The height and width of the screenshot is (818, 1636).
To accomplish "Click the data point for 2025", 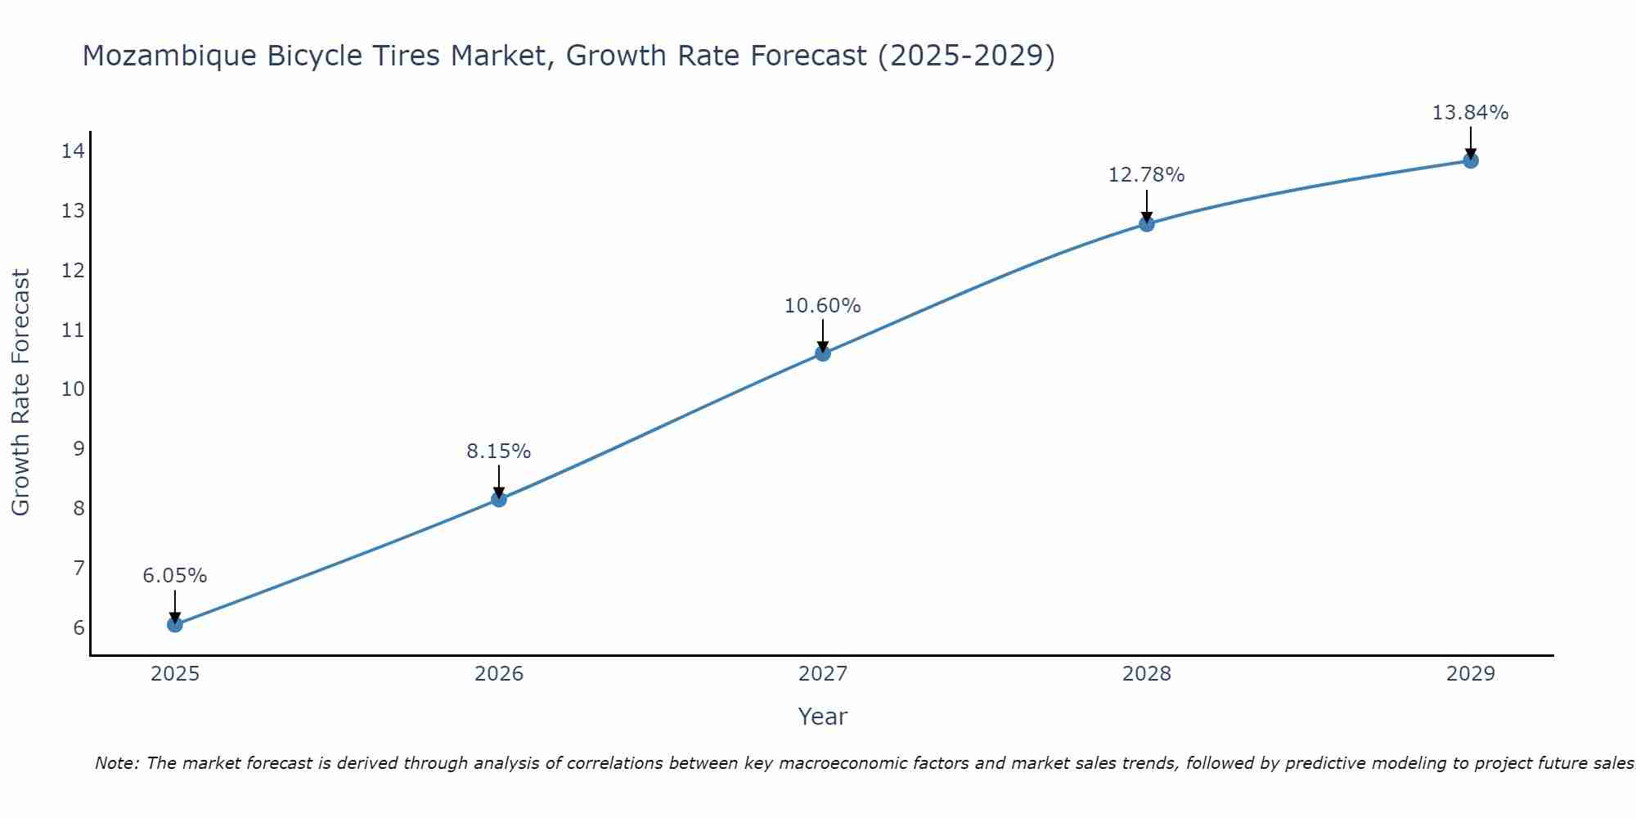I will tap(175, 624).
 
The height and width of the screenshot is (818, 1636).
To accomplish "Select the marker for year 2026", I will tap(499, 499).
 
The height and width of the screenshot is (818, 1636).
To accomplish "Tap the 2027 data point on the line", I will tap(823, 353).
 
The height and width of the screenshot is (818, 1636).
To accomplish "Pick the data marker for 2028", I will tap(1147, 223).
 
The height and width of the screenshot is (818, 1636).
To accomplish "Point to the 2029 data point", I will tap(1471, 160).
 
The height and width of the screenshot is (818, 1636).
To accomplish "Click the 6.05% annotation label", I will tap(175, 576).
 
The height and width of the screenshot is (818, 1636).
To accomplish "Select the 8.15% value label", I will tap(499, 452).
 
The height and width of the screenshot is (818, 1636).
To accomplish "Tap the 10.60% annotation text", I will tap(823, 306).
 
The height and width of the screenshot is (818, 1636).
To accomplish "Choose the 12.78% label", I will tap(1147, 175).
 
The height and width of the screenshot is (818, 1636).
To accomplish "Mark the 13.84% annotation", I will tap(1471, 113).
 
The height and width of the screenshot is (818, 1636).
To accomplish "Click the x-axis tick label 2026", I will tap(499, 674).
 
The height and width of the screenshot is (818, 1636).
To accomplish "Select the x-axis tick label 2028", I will tap(1147, 674).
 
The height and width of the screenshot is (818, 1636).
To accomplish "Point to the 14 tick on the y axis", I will tap(73, 151).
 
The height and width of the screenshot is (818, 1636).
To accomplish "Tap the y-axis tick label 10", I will tap(73, 389).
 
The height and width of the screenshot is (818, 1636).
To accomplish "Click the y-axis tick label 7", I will tap(79, 568).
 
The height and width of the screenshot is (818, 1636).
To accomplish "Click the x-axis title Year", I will tap(823, 717).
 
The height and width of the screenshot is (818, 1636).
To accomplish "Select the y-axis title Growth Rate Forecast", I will tap(21, 393).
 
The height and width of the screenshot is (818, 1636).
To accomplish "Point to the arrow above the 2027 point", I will tap(823, 334).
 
